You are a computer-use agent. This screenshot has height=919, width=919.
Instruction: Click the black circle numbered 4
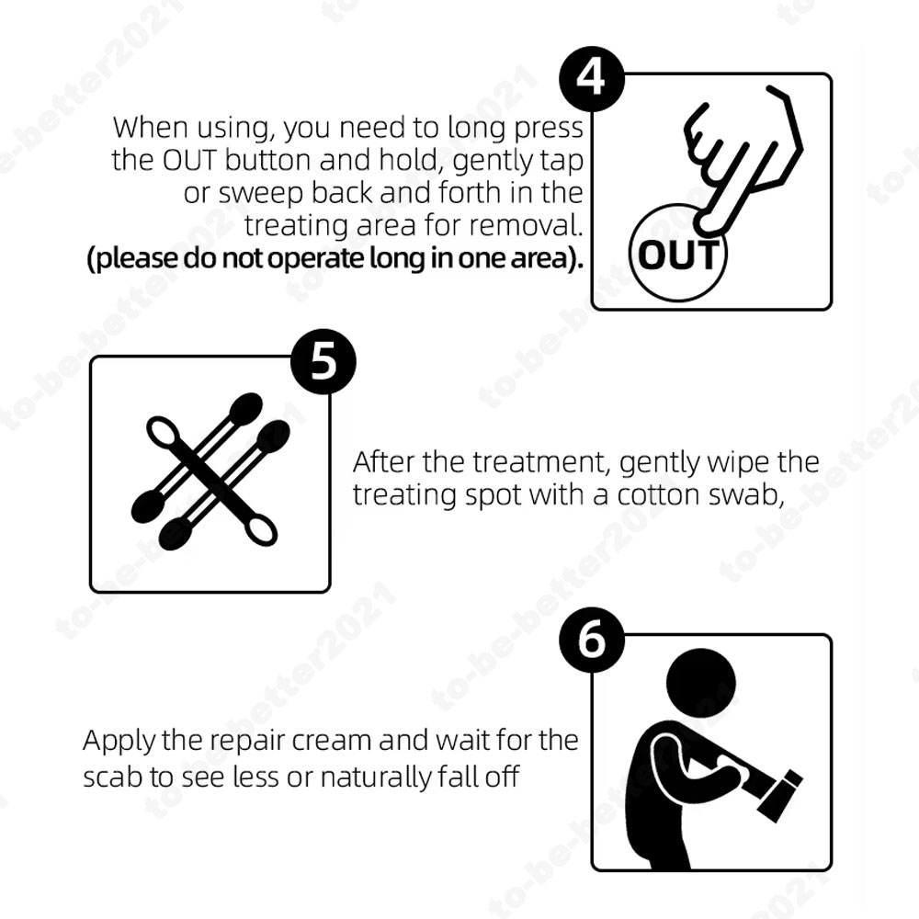[x=591, y=78]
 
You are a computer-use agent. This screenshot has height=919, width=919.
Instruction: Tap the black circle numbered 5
[x=323, y=361]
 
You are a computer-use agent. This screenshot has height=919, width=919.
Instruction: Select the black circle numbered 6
[x=591, y=640]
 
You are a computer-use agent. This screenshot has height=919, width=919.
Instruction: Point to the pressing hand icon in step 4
[x=742, y=158]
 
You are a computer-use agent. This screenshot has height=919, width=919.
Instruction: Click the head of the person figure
[x=700, y=682]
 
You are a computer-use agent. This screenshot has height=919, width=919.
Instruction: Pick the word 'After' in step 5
[x=384, y=462]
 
